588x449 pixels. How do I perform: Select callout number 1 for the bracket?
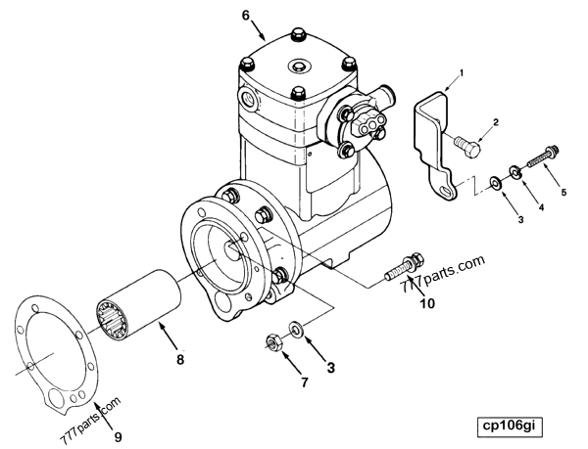pyautogui.click(x=463, y=75)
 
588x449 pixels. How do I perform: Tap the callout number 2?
pyautogui.click(x=496, y=122)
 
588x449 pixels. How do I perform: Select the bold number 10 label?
pyautogui.click(x=428, y=303)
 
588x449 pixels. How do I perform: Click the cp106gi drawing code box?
pyautogui.click(x=510, y=427)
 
